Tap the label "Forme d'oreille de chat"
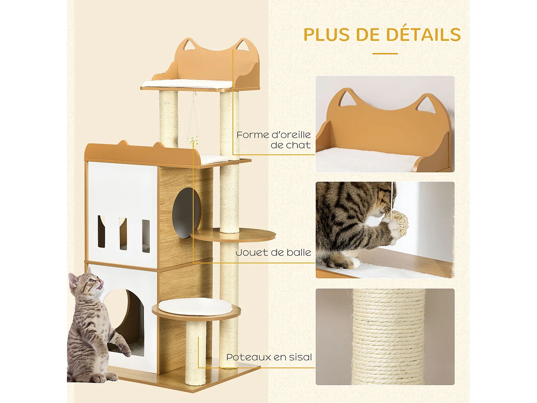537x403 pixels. tap(274, 140)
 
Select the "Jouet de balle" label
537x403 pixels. tap(273, 253)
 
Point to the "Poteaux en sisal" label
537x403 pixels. tap(269, 357)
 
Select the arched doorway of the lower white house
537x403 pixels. tap(126, 322)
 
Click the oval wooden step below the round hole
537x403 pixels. tap(233, 235)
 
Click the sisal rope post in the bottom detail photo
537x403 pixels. tap(389, 337)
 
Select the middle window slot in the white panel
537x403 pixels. tap(123, 233)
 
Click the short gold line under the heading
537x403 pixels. tap(385, 54)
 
